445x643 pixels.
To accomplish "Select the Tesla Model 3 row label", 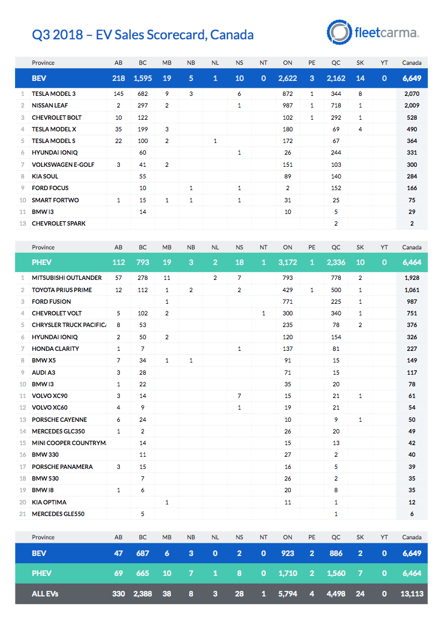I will (x=53, y=94).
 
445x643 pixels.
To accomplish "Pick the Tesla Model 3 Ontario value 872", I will (x=287, y=94).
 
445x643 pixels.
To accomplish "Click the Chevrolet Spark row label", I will (x=59, y=223).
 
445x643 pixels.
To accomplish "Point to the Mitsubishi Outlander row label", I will (x=67, y=278).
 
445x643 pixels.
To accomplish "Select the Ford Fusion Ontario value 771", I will (x=287, y=302).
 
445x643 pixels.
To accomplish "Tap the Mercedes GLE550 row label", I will (x=58, y=514).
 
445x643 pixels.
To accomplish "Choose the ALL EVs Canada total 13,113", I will (x=411, y=594).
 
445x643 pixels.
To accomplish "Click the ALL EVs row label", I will (x=45, y=594).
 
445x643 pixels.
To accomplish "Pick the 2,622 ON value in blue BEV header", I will (x=287, y=78).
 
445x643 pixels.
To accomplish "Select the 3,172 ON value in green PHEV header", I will (x=287, y=262).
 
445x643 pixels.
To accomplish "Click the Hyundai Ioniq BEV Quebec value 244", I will (x=336, y=152).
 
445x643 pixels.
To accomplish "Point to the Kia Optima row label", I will (x=49, y=502).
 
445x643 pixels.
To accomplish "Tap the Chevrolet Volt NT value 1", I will (x=264, y=313).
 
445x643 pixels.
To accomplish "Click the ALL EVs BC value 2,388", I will (x=143, y=594).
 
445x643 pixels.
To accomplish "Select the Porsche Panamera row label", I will (x=62, y=467).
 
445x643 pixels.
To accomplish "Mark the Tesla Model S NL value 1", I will (x=215, y=141).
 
